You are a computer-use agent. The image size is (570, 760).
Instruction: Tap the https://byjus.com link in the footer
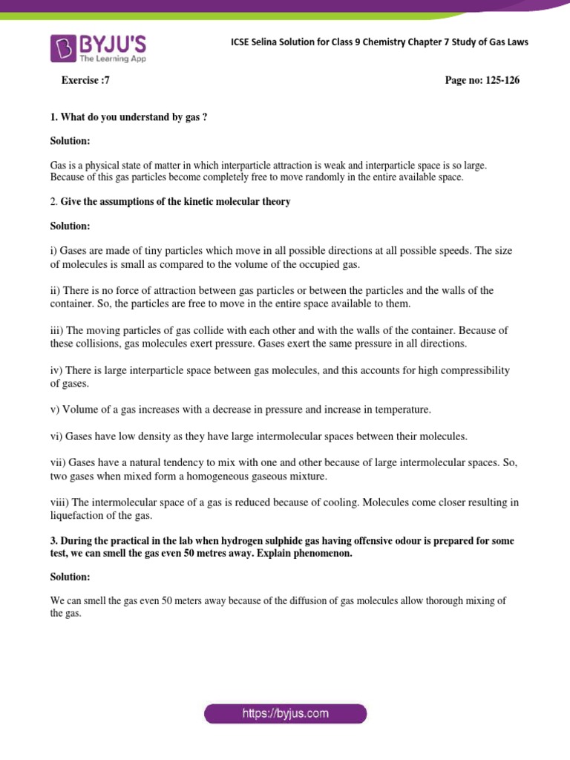coord(285,714)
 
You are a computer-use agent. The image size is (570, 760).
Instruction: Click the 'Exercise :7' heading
coord(85,81)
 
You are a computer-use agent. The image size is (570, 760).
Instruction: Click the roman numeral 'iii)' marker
coord(58,330)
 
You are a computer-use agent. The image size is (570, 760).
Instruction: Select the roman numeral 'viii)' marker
coord(61,502)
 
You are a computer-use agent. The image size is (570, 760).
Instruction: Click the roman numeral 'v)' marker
coord(55,410)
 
